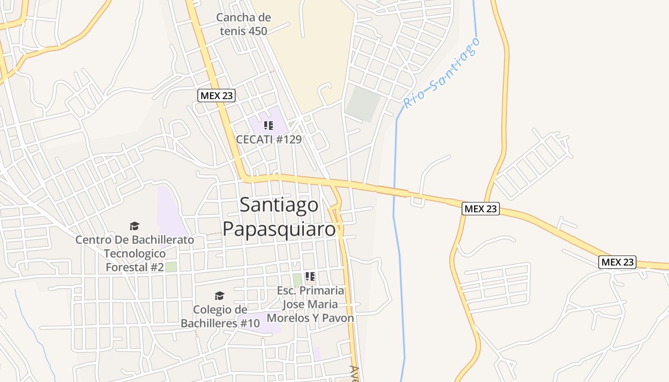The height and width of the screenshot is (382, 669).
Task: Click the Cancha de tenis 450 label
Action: pos(243,24)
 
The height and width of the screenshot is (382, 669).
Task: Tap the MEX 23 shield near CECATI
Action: pos(216,95)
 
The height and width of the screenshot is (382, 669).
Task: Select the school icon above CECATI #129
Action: pos(269,126)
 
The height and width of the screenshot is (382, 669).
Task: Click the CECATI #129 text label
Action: pos(269,139)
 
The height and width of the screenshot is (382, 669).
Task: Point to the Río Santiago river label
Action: pos(441,73)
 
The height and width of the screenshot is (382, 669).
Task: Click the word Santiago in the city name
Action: pos(279,205)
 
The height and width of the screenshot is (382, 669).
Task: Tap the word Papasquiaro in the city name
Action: pos(279,229)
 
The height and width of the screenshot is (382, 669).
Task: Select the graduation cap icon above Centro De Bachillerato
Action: pos(135,226)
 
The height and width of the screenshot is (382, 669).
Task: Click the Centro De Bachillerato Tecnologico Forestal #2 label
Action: pos(135,253)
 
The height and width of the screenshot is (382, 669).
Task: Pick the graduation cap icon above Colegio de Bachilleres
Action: pos(219,296)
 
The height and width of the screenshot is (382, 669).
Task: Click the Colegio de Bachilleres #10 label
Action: pos(220,316)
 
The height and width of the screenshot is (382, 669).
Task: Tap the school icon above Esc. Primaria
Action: pos(310,276)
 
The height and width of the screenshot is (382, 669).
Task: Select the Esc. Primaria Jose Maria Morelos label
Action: pos(311,304)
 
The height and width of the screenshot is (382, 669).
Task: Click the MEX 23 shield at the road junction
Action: pos(481,209)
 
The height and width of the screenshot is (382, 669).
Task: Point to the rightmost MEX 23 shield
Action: pos(617,262)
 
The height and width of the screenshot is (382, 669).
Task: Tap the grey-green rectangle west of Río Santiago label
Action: pos(363,103)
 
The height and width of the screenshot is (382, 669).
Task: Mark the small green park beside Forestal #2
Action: pos(171,267)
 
